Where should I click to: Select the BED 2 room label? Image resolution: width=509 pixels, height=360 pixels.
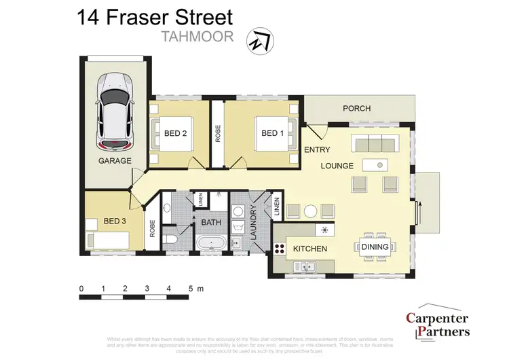[x=175, y=133]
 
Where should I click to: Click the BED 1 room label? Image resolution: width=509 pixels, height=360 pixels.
[x=272, y=133]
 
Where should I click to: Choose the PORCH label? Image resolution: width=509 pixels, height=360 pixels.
[x=356, y=109]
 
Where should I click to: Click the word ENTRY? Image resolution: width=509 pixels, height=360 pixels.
[x=317, y=149]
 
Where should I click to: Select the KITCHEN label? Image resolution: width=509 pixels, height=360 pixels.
[x=310, y=249]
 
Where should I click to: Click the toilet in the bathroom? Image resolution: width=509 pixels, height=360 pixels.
[x=171, y=242]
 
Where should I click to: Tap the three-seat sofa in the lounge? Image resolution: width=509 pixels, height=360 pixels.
[x=374, y=144]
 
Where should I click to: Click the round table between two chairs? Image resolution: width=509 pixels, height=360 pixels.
[x=310, y=211]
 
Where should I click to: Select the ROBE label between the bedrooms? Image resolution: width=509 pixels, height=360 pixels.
[x=217, y=133]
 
